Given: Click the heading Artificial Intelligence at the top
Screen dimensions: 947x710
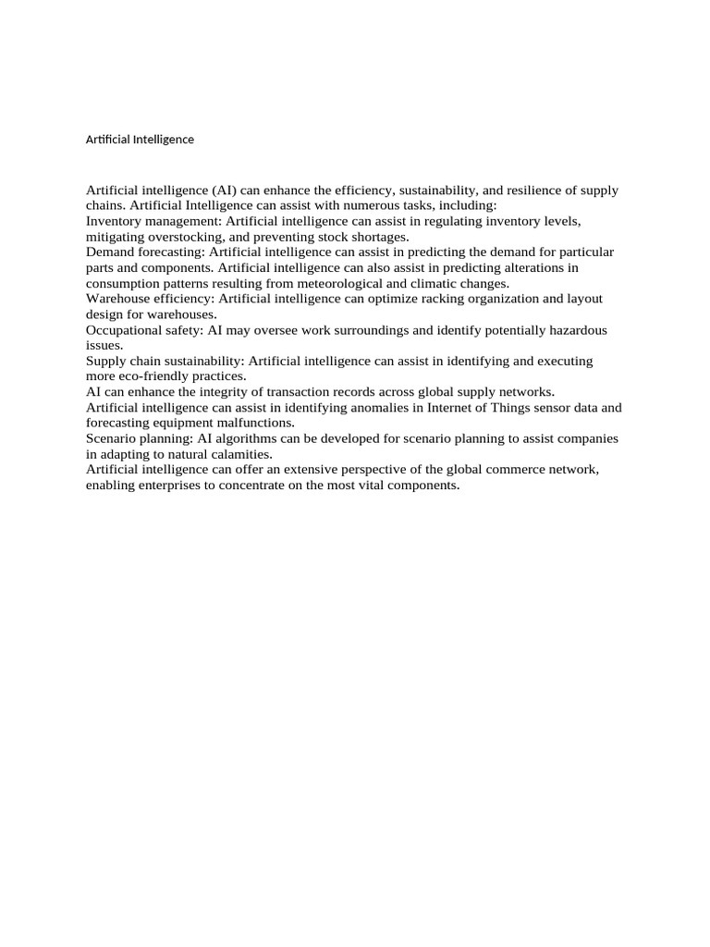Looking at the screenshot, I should coord(140,140).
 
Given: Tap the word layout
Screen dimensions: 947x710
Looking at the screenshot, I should coord(582,299).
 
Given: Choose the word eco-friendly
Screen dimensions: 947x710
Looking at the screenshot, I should coord(158,376).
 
